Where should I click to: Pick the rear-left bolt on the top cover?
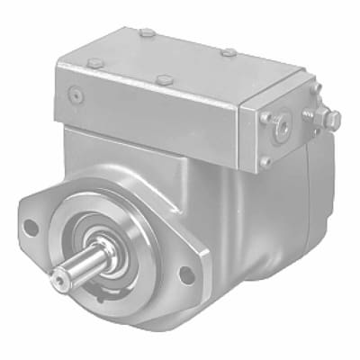(147, 33)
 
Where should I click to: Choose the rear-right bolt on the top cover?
(229, 52)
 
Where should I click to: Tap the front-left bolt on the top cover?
(94, 62)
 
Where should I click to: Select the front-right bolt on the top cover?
(165, 81)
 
